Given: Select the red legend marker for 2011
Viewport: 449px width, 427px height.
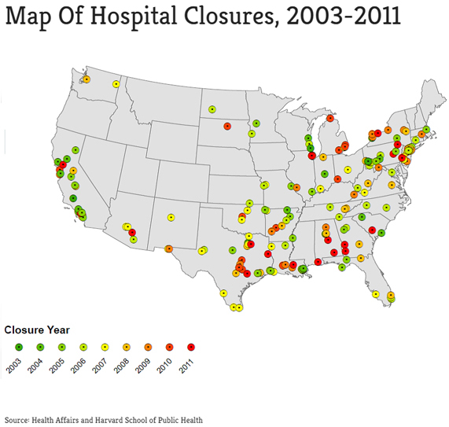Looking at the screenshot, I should click(191, 346).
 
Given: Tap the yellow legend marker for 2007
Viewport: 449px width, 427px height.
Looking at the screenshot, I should click(105, 346).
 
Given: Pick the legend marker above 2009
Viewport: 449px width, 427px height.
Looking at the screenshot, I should click(148, 346).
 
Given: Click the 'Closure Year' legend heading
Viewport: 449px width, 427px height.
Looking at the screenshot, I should click(37, 329).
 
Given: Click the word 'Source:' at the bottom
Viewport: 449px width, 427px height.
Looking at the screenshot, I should click(17, 420).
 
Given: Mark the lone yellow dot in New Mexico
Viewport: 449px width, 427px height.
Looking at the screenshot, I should click(171, 217).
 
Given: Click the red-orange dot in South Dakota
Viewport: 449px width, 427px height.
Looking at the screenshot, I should click(227, 126).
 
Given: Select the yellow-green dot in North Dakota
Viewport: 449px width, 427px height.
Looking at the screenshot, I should click(212, 109).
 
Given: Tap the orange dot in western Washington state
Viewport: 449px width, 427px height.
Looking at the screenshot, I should click(86, 79).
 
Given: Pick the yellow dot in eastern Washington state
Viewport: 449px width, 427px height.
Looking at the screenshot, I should click(116, 84).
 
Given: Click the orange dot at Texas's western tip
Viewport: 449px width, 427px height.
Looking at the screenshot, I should click(168, 248).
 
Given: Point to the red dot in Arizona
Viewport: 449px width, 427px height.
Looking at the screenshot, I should click(131, 232).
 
